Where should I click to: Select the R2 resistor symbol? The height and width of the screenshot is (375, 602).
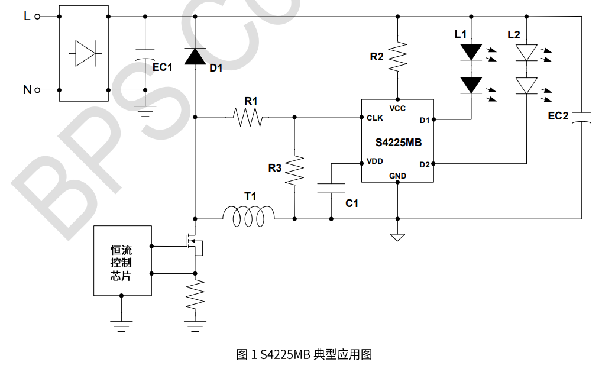tap(398, 56)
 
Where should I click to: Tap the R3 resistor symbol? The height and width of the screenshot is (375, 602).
tap(294, 170)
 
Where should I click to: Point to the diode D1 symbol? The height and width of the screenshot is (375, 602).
tap(195, 57)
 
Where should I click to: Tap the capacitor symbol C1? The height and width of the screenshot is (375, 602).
tap(331, 189)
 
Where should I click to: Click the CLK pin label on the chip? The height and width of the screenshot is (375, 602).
tap(374, 118)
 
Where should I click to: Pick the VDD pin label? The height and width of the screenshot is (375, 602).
tap(374, 161)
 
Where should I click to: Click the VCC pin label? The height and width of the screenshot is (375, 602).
tap(397, 108)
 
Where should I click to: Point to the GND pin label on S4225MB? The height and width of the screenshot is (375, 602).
tap(397, 176)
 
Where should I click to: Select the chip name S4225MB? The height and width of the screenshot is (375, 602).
tap(398, 143)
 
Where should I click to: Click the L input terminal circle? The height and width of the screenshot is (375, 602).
tap(38, 17)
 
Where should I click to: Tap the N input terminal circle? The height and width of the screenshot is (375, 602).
tap(38, 90)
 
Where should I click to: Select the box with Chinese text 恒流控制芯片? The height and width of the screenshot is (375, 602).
tap(122, 260)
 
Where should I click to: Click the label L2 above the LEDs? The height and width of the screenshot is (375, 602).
tap(514, 35)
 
